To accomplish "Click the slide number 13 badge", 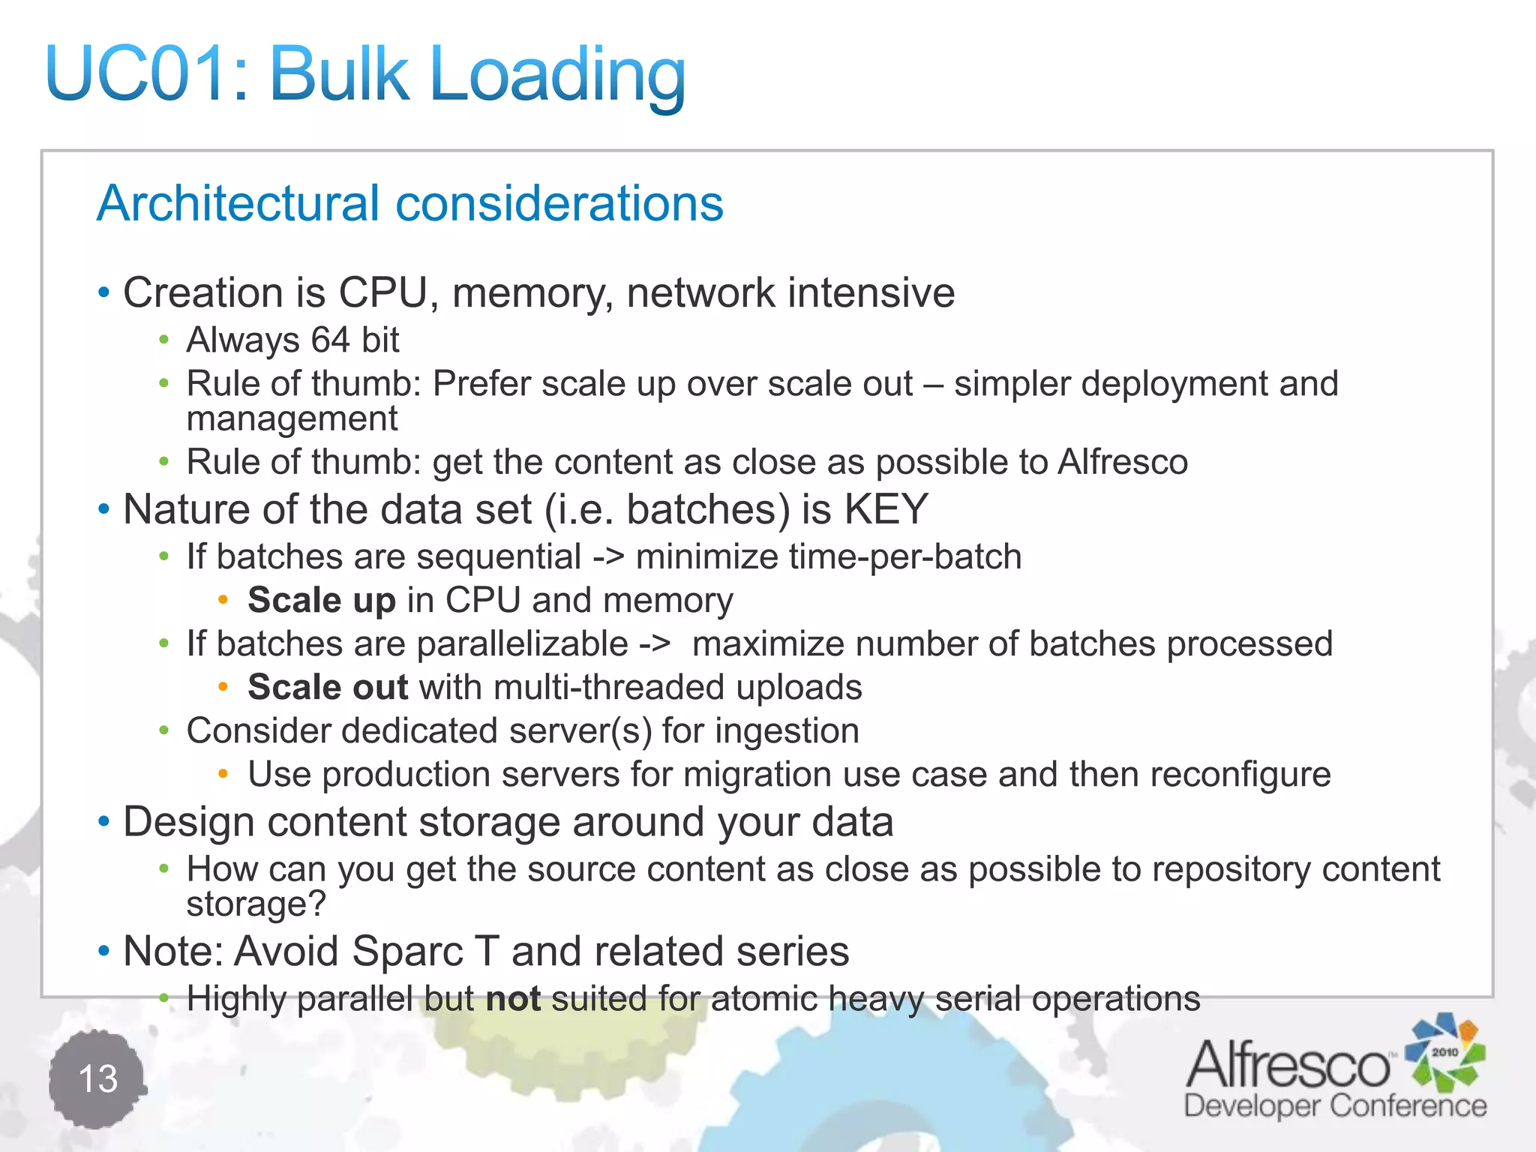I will click(97, 1079).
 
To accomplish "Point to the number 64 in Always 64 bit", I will click(331, 340).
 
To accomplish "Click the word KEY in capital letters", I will click(886, 509).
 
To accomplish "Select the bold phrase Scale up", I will click(322, 600).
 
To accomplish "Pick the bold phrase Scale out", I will click(328, 687).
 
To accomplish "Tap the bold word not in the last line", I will click(513, 999).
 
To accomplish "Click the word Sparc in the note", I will click(408, 951).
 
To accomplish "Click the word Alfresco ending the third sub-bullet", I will click(1123, 462).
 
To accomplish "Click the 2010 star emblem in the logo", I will click(1444, 1051).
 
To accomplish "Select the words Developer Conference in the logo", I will click(1335, 1106).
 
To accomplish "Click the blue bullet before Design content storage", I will click(104, 822).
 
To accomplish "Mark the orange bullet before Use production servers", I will click(223, 773).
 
